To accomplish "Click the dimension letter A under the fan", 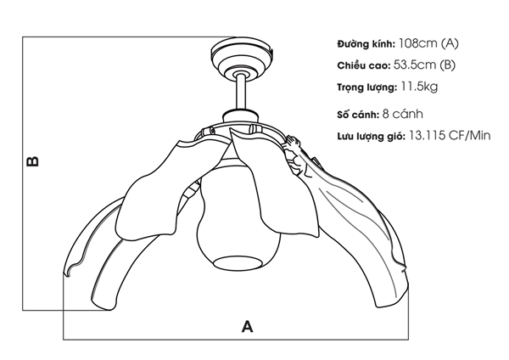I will point(247,324).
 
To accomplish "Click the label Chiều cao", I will point(362,65).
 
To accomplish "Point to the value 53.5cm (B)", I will point(425,65).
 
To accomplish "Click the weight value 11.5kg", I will point(421,87).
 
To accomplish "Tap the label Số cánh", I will point(355,114).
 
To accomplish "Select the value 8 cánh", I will point(403,114).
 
